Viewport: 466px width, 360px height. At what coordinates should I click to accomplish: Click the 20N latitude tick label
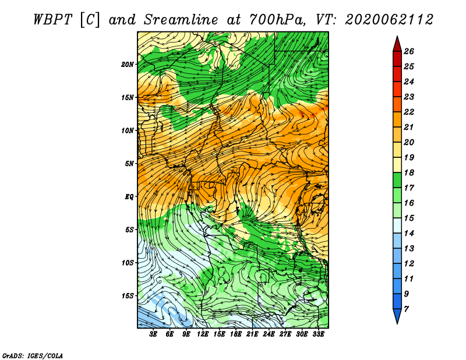pyautogui.click(x=127, y=65)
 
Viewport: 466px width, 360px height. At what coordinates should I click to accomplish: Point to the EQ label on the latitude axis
pyautogui.click(x=129, y=197)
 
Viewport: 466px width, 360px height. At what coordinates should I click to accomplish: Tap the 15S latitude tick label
pyautogui.click(x=127, y=296)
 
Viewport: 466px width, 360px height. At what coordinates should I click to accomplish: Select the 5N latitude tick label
pyautogui.click(x=129, y=164)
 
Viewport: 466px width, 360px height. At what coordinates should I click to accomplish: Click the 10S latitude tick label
pyautogui.click(x=127, y=263)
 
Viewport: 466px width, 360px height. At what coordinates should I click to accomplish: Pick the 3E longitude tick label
pyautogui.click(x=153, y=334)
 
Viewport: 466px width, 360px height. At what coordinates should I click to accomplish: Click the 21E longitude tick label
pyautogui.click(x=252, y=334)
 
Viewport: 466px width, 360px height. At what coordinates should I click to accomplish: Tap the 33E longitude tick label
pyautogui.click(x=318, y=334)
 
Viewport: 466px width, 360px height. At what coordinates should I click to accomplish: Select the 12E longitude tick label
pyautogui.click(x=202, y=334)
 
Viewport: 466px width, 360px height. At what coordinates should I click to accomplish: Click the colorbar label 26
pyautogui.click(x=409, y=51)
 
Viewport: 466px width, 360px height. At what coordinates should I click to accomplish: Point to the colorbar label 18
pyautogui.click(x=409, y=172)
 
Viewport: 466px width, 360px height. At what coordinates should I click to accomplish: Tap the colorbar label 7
pyautogui.click(x=407, y=309)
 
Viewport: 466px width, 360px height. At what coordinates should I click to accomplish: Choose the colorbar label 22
pyautogui.click(x=409, y=112)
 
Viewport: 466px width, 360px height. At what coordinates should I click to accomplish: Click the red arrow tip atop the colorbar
pyautogui.click(x=397, y=36)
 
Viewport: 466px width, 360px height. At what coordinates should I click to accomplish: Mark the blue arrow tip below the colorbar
pyautogui.click(x=397, y=323)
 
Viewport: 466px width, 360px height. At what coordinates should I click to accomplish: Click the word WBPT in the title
pyautogui.click(x=53, y=20)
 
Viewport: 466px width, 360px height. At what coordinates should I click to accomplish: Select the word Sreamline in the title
pyautogui.click(x=181, y=20)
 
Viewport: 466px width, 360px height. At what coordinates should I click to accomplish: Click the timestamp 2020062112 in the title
pyautogui.click(x=389, y=20)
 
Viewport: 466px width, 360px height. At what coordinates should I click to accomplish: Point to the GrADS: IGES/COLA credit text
pyautogui.click(x=33, y=356)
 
